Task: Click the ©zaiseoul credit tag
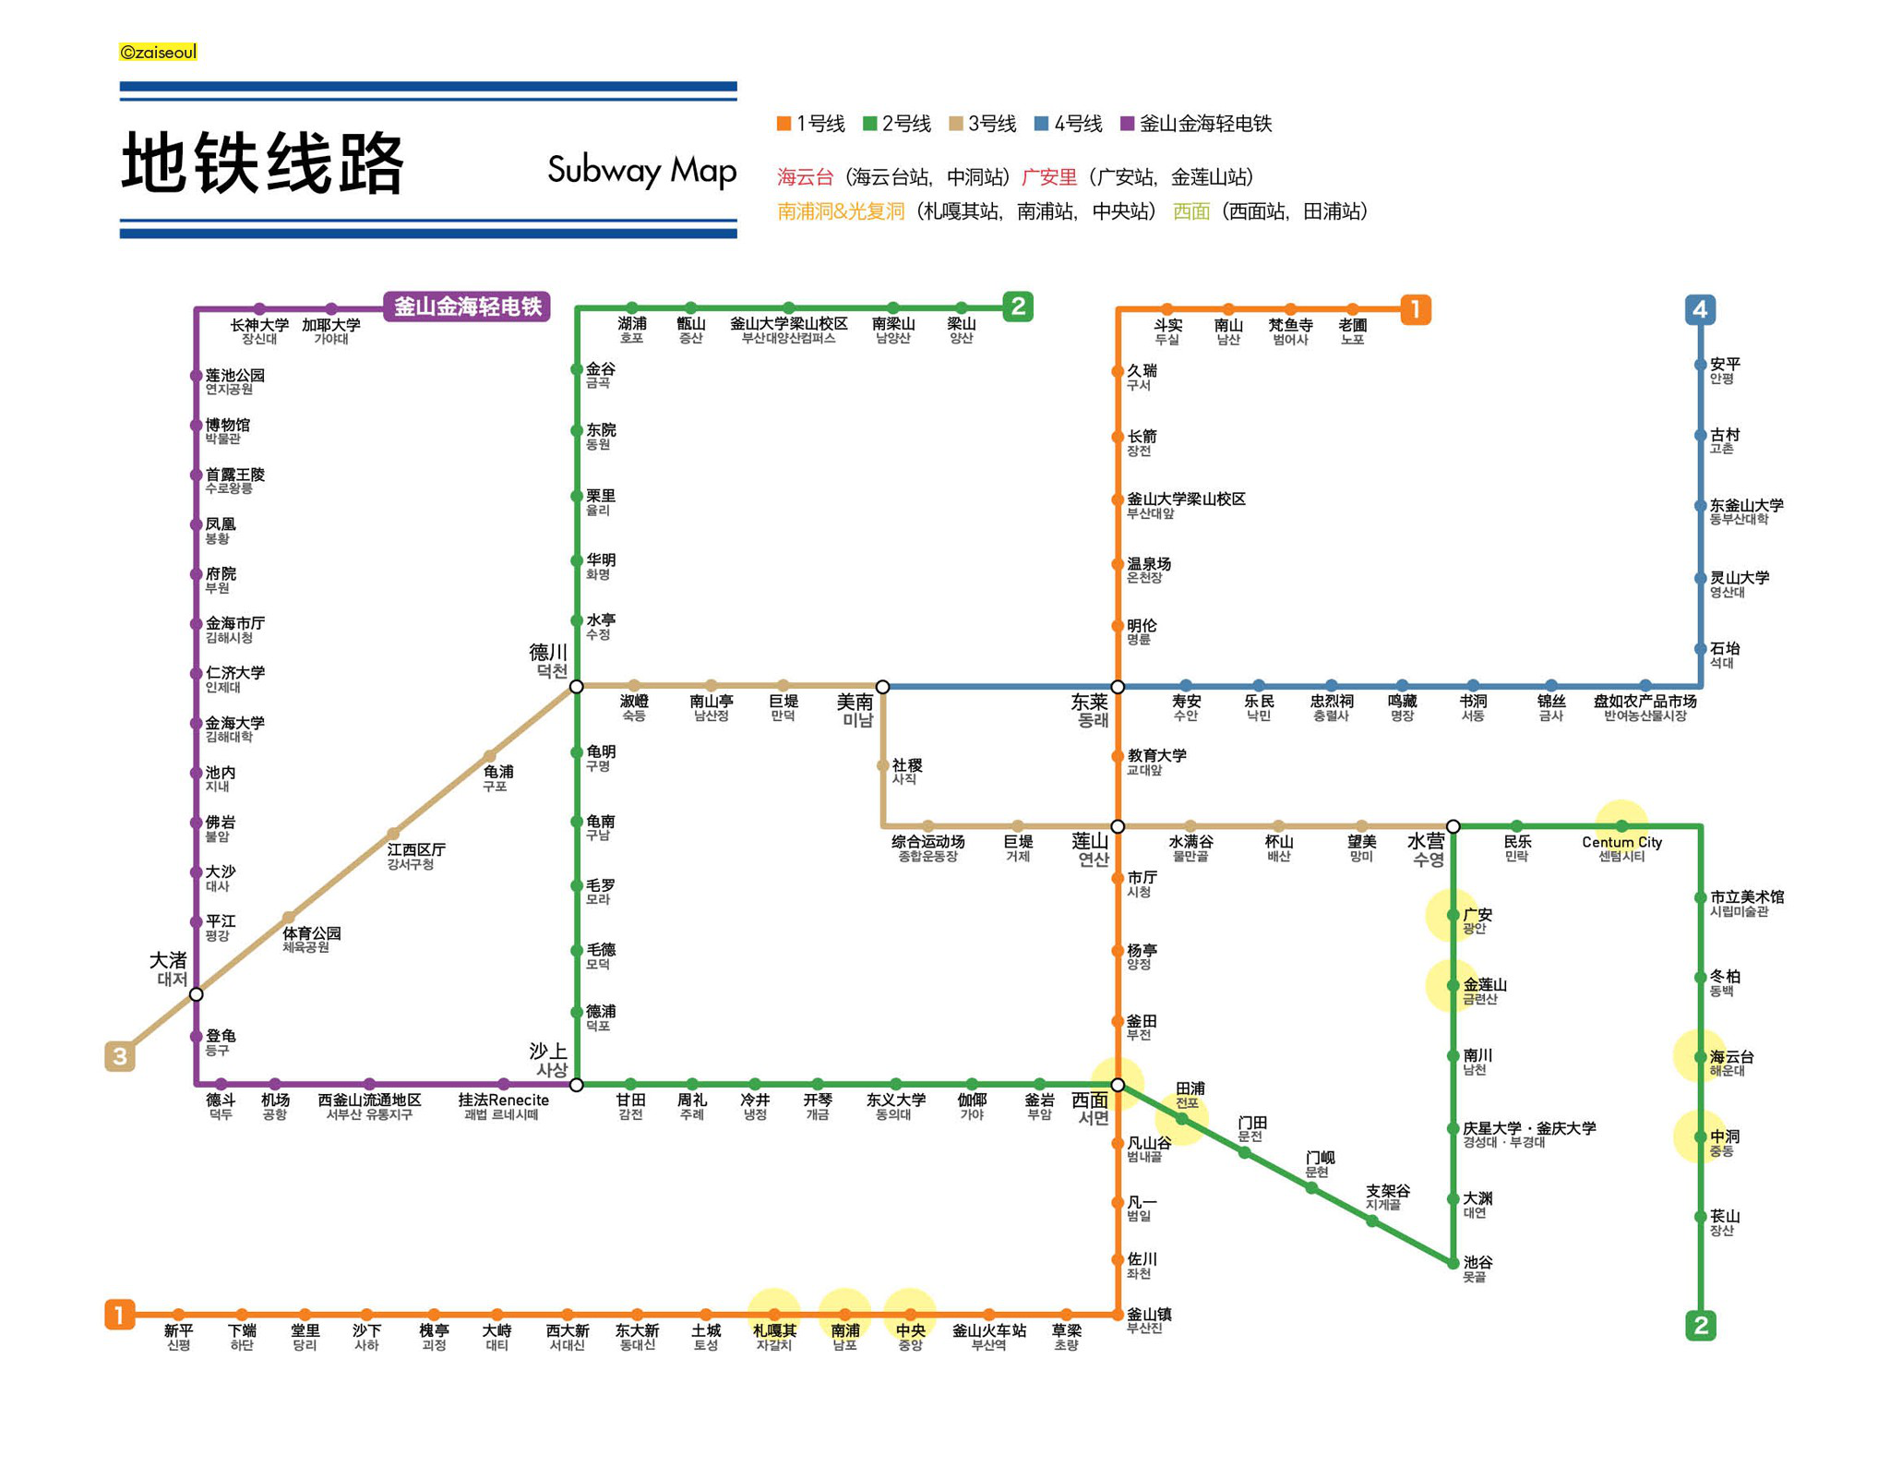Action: pyautogui.click(x=158, y=52)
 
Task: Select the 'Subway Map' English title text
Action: pyautogui.click(x=641, y=171)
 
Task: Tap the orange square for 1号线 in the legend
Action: pyautogui.click(x=783, y=124)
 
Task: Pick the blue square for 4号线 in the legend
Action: pyautogui.click(x=1041, y=124)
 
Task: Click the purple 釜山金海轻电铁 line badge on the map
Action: pyautogui.click(x=467, y=307)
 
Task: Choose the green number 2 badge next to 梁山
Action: pyautogui.click(x=1017, y=307)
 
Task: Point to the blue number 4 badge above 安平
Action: pyautogui.click(x=1700, y=309)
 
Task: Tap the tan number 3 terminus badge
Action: pyautogui.click(x=120, y=1055)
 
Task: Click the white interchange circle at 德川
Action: pyautogui.click(x=577, y=687)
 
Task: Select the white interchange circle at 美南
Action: pyautogui.click(x=883, y=687)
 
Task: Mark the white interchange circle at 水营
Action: pyautogui.click(x=1453, y=826)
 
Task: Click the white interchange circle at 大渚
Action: pyautogui.click(x=197, y=994)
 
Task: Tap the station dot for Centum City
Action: pyautogui.click(x=1621, y=826)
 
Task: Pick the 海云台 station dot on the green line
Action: pyautogui.click(x=1700, y=1057)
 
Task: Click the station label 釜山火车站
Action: pyautogui.click(x=988, y=1330)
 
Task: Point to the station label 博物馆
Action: pyautogui.click(x=227, y=425)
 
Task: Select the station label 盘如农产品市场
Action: pyautogui.click(x=1645, y=702)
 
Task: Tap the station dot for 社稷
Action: pyautogui.click(x=883, y=765)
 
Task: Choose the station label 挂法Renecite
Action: pyautogui.click(x=503, y=1100)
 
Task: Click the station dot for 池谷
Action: pyautogui.click(x=1453, y=1263)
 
